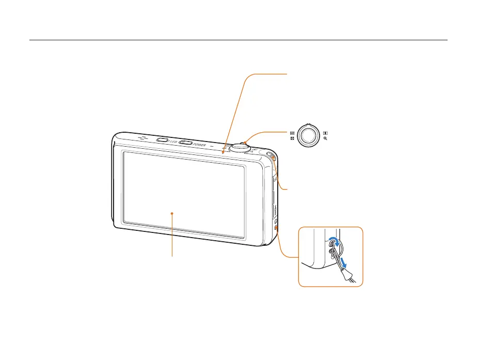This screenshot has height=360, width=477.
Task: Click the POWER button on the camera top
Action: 186,143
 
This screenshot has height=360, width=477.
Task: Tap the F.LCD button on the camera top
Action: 161,139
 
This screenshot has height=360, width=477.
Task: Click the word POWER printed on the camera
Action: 200,145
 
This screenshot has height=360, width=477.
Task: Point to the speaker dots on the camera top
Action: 142,138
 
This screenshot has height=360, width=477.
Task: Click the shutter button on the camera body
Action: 240,146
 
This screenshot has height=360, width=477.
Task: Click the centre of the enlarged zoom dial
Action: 308,136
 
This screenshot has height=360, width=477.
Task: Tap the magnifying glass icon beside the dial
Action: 326,139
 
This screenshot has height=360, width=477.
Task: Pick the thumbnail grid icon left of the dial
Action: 292,133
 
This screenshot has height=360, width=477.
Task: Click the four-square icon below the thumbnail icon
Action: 292,139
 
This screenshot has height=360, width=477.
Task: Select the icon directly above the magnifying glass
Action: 326,133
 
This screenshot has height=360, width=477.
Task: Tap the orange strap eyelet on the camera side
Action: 277,228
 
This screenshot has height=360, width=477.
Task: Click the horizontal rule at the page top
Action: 238,40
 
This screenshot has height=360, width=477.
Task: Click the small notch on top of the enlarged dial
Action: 308,124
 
